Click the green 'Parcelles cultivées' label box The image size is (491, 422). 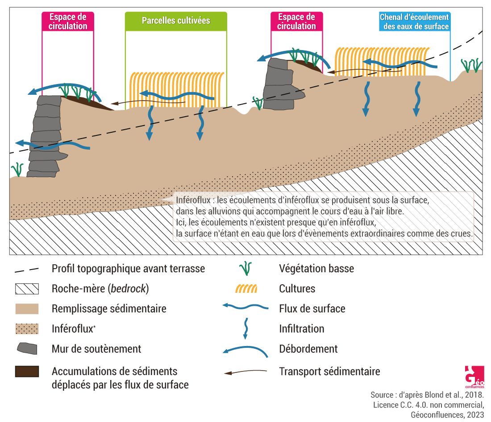point(176,21)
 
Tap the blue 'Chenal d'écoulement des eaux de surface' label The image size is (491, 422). point(414,22)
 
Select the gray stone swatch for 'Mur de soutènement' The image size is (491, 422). point(27,348)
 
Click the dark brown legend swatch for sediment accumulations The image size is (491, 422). point(27,371)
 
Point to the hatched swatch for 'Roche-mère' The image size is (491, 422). point(27,289)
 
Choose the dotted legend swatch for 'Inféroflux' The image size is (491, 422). point(27,329)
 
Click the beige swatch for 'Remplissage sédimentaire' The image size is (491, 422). point(27,309)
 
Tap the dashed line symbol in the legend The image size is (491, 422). point(27,269)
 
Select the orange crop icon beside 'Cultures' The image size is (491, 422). point(246,289)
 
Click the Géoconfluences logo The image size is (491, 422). point(474,377)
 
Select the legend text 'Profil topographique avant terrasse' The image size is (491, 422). point(128,269)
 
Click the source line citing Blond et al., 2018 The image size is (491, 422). point(427,395)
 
